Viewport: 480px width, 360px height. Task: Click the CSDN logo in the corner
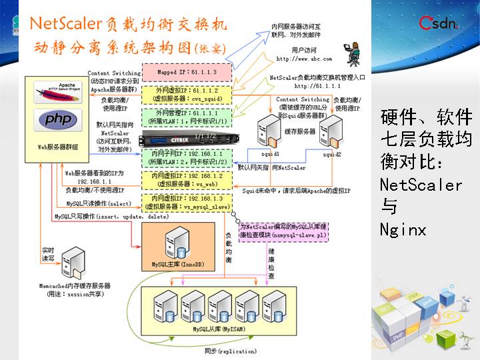(437, 24)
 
